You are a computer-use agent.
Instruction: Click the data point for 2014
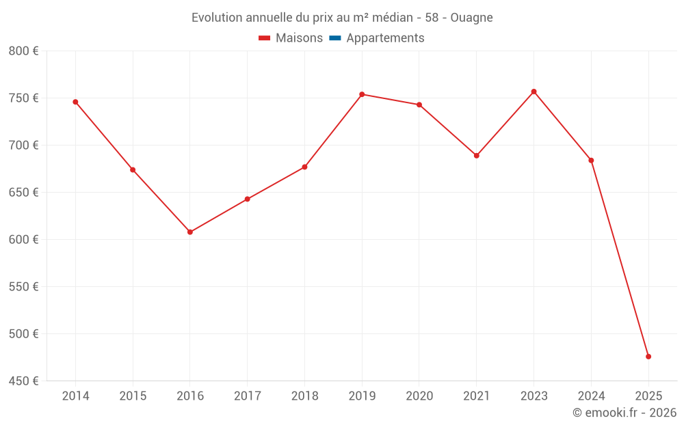click(75, 102)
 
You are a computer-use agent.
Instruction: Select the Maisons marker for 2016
click(190, 232)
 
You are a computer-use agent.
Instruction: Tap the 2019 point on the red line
click(362, 94)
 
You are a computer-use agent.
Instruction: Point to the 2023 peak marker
click(534, 92)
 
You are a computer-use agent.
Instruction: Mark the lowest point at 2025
click(648, 357)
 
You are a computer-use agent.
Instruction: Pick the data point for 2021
click(477, 156)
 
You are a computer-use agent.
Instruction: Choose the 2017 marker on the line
click(248, 199)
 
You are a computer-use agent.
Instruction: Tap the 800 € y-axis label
click(23, 51)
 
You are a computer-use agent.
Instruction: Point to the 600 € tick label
click(23, 240)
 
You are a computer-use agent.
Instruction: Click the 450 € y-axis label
click(23, 381)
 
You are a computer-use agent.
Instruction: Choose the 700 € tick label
click(23, 146)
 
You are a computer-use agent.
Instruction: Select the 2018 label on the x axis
click(304, 396)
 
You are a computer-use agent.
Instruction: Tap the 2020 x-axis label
click(419, 396)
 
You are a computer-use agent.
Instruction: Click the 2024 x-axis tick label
click(591, 396)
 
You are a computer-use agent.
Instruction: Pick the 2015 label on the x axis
click(133, 396)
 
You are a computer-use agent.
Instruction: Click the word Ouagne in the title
click(471, 18)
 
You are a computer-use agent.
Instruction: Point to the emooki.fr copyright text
click(624, 413)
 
